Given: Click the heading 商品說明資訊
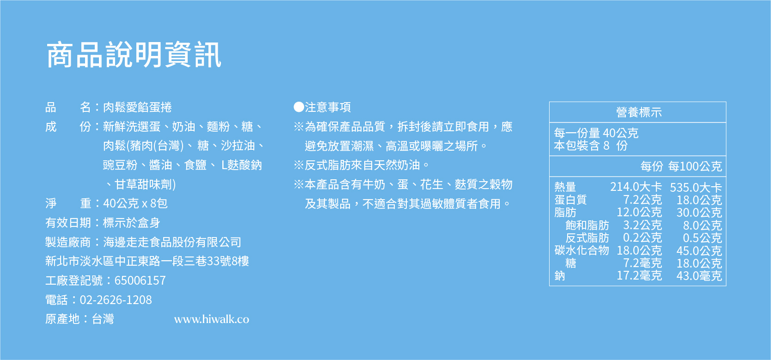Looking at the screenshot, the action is pyautogui.click(x=134, y=55).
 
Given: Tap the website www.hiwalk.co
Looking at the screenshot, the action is pyautogui.click(x=212, y=319).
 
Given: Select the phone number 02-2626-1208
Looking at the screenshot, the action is pyautogui.click(x=116, y=300).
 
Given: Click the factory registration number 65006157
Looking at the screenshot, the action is pyautogui.click(x=140, y=281).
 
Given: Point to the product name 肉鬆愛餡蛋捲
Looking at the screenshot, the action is pyautogui.click(x=137, y=107).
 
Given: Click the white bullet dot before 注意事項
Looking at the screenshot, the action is pyautogui.click(x=299, y=107).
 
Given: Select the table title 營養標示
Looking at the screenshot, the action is pyautogui.click(x=639, y=112).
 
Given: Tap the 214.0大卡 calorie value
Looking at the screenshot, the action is pyautogui.click(x=636, y=187).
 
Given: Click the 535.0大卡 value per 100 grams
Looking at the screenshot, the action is pyautogui.click(x=696, y=188).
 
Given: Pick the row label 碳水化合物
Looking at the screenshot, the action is pyautogui.click(x=581, y=250).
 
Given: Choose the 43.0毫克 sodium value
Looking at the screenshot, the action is pyautogui.click(x=699, y=276).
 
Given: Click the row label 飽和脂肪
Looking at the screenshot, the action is pyautogui.click(x=587, y=225).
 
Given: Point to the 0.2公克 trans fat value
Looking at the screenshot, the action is pyautogui.click(x=642, y=238).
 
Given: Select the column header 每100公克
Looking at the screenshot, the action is pyautogui.click(x=695, y=166).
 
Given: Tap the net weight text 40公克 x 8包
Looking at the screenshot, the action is pyautogui.click(x=135, y=203).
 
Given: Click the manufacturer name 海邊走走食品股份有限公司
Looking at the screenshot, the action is pyautogui.click(x=172, y=242).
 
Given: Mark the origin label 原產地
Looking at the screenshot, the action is pyautogui.click(x=63, y=319).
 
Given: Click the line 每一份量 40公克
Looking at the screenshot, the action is pyautogui.click(x=596, y=133).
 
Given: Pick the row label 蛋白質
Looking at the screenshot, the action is pyautogui.click(x=571, y=200).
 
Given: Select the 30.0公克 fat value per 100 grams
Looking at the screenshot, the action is pyautogui.click(x=699, y=213).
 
